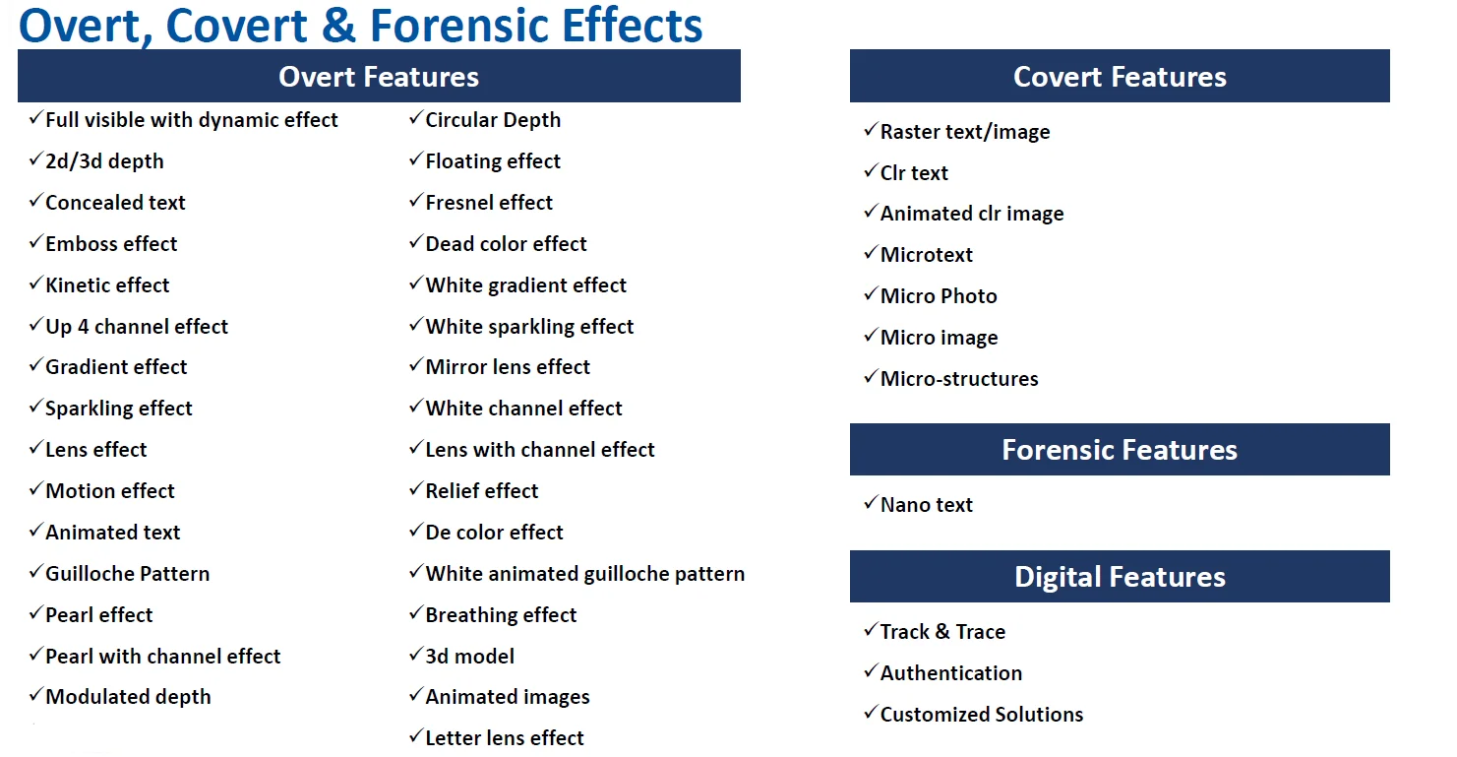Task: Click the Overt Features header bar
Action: point(379,76)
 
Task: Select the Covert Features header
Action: point(1120,76)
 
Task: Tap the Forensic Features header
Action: point(1120,450)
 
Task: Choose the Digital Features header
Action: point(1120,577)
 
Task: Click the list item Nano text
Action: point(926,504)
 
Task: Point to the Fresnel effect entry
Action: point(489,203)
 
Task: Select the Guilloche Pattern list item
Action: point(128,574)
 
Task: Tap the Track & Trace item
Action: point(942,631)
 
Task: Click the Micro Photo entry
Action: point(939,296)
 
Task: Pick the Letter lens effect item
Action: point(505,738)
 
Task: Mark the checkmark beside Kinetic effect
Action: point(35,284)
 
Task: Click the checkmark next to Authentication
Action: point(871,670)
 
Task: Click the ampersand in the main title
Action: point(338,26)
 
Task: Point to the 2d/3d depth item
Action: point(104,161)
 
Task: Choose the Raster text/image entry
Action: point(965,132)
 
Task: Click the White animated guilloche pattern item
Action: point(585,574)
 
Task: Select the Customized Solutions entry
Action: point(982,714)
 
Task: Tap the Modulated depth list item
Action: point(128,697)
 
